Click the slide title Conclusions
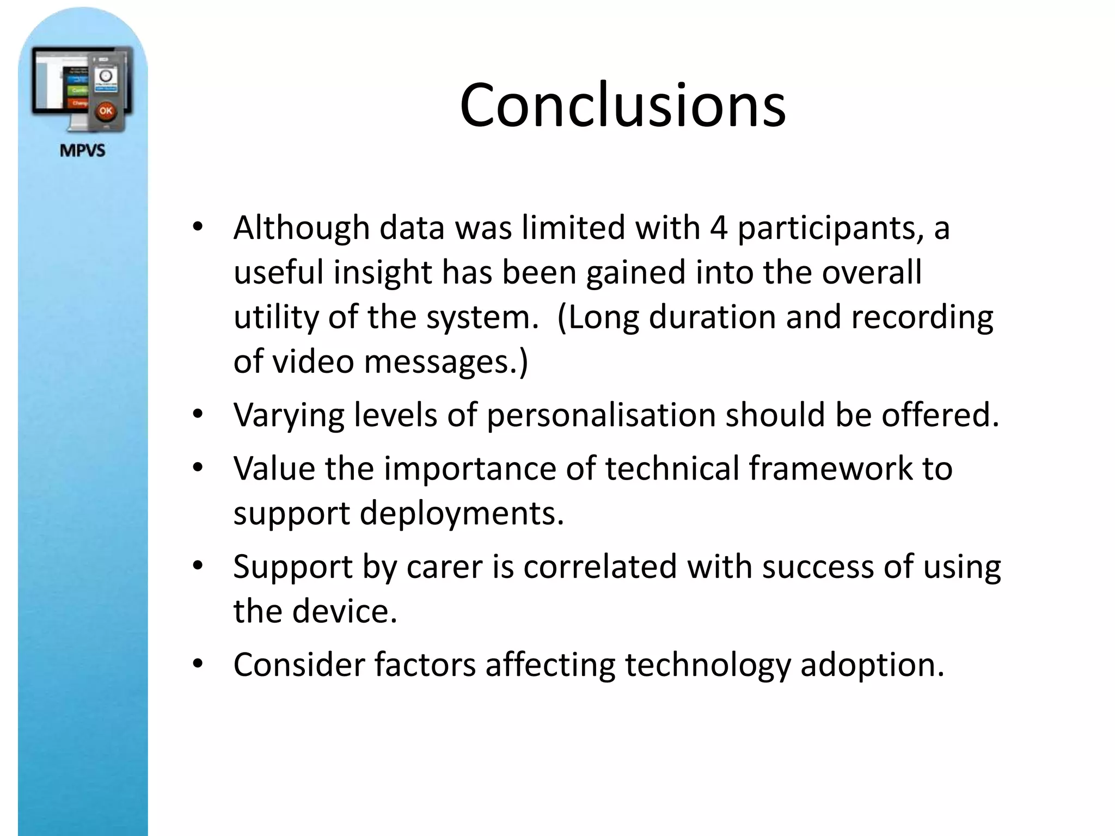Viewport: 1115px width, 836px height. tap(622, 105)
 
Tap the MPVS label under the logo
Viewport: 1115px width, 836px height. tap(82, 150)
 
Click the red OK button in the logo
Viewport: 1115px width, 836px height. tap(105, 111)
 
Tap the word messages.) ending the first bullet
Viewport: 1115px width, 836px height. tap(446, 361)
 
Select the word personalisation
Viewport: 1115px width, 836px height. tap(601, 415)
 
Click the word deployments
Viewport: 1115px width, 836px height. tap(462, 513)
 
